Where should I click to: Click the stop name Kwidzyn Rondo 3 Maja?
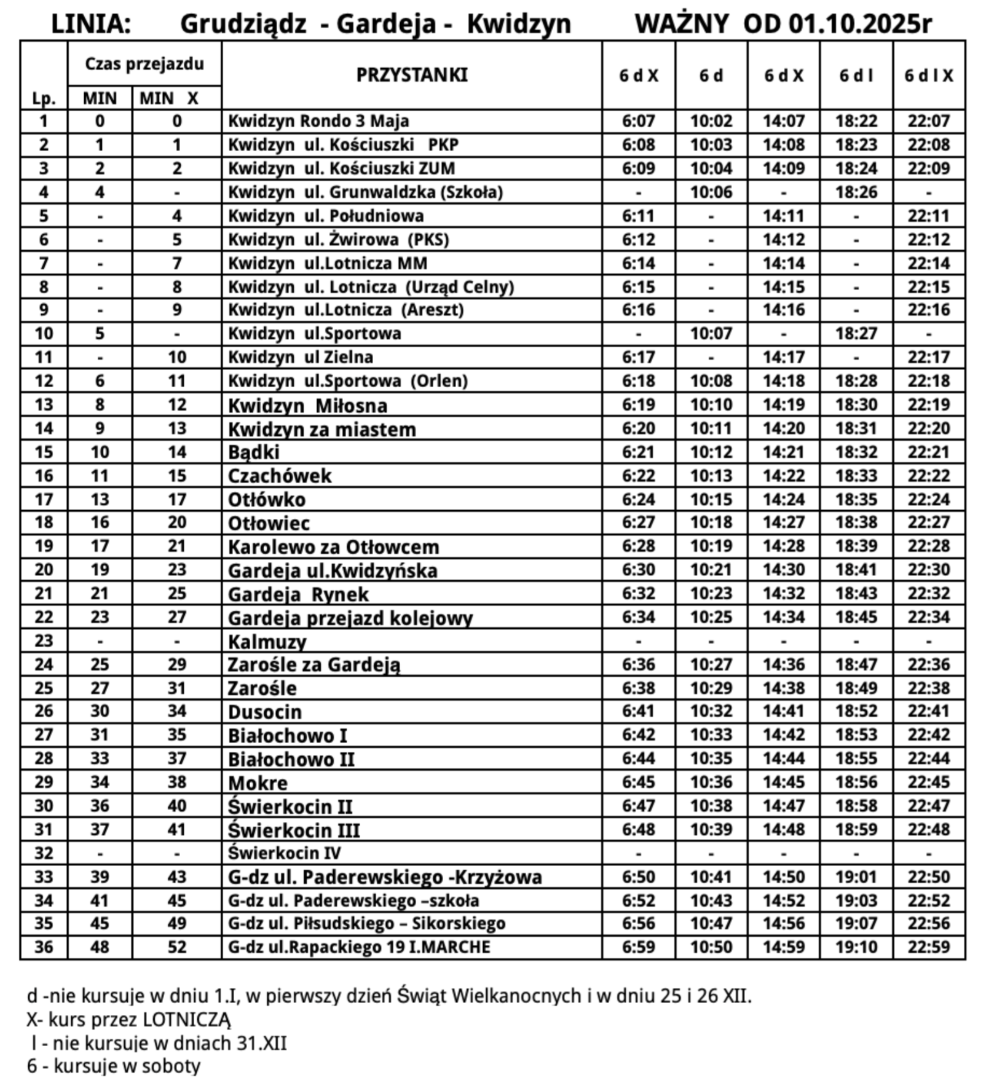tap(318, 121)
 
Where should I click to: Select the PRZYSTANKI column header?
tap(412, 75)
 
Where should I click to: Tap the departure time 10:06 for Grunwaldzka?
tap(711, 192)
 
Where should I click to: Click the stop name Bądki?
tap(253, 452)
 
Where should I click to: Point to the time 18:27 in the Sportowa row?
tap(856, 334)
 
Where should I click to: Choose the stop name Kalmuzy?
tap(267, 642)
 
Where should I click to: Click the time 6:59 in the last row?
tap(638, 947)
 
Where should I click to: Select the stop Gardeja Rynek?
tap(298, 594)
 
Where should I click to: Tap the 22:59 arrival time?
tap(928, 947)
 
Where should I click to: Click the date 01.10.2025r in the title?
tap(860, 24)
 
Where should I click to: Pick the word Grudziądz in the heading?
tap(243, 24)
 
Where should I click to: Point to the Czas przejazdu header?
tap(144, 64)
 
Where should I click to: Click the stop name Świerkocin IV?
tap(284, 853)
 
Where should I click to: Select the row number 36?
tap(44, 947)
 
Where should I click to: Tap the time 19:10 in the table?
tap(856, 947)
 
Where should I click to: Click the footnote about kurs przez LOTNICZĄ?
tap(128, 1019)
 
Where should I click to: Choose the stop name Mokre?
tap(258, 783)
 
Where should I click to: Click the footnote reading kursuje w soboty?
tap(114, 1066)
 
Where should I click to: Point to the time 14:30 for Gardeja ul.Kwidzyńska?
tap(784, 570)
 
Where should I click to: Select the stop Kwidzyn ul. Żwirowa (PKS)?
tap(338, 240)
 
